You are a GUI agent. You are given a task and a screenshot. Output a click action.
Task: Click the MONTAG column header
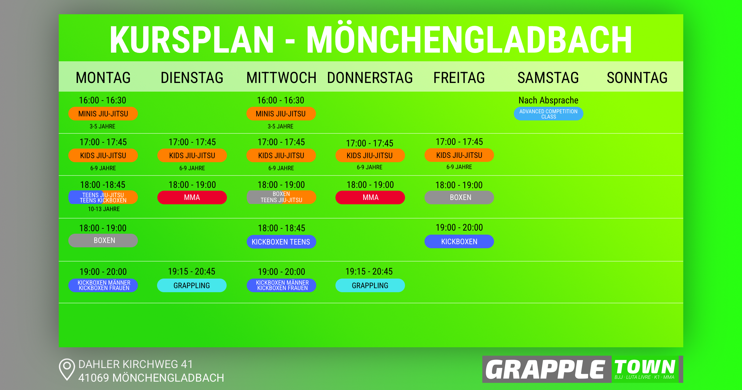[x=103, y=78]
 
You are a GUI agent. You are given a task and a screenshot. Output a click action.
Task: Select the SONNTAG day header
[x=637, y=78]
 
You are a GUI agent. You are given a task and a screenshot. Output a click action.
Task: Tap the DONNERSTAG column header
[x=370, y=78]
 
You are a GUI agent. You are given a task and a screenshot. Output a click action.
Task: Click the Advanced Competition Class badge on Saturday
[x=548, y=114]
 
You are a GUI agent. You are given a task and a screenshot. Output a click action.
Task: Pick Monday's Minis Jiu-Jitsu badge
[x=103, y=114]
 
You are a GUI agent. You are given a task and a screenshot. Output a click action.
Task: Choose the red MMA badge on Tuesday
[x=192, y=197]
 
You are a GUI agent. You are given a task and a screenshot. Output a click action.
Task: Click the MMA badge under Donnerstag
[x=370, y=197]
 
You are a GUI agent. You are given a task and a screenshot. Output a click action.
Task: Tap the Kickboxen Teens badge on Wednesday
[x=281, y=242]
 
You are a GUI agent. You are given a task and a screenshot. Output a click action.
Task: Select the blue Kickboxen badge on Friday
[x=459, y=241]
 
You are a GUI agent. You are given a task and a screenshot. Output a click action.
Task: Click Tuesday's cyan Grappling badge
[x=192, y=285]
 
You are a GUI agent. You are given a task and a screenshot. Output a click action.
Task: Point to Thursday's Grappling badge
[x=370, y=285]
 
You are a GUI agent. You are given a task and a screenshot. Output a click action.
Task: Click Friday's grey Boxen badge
[x=459, y=197]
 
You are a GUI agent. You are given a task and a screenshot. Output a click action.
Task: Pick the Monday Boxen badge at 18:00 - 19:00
[x=103, y=240]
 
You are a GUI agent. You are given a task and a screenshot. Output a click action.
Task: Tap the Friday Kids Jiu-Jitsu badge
[x=459, y=155]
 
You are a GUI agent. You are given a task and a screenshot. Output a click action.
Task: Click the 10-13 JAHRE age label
[x=104, y=209]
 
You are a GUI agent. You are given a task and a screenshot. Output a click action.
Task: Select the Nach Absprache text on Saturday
[x=548, y=100]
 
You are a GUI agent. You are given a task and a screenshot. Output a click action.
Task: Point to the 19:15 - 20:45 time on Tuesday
[x=192, y=271]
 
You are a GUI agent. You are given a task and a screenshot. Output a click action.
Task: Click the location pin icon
[x=67, y=369]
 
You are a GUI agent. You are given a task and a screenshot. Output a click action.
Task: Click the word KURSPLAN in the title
[x=192, y=40]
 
